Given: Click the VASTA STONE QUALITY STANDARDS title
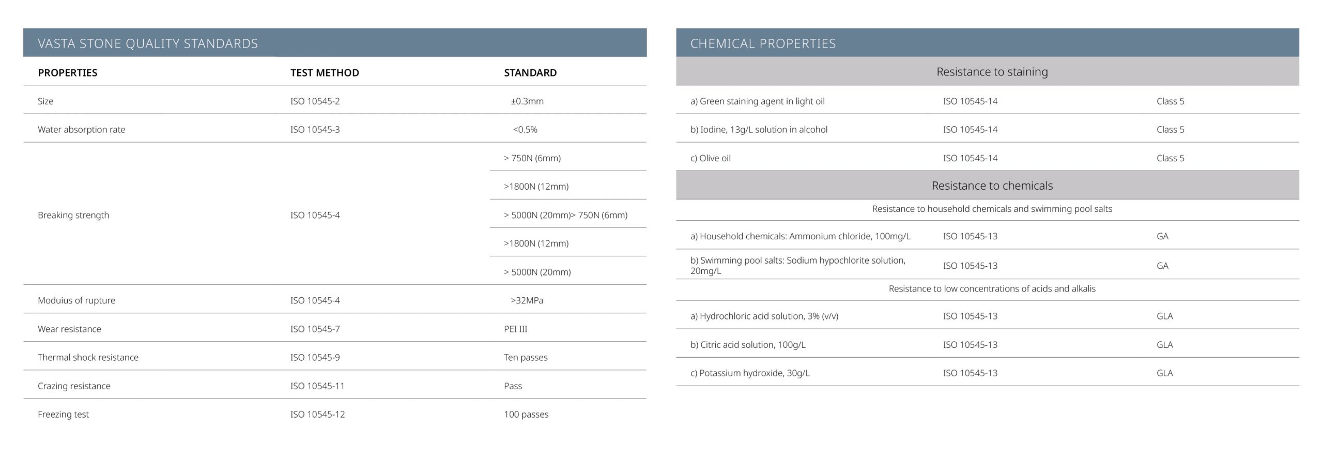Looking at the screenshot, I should (x=148, y=43).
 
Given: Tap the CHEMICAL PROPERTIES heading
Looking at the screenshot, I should (x=763, y=43).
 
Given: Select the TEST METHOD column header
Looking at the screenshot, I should (x=325, y=73).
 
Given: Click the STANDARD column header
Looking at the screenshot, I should (x=530, y=73).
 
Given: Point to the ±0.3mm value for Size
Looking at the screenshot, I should (x=527, y=101).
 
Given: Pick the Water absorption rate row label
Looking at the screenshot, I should (x=81, y=130).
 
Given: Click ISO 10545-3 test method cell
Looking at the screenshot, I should (x=315, y=130).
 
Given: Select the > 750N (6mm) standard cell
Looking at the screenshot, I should (x=532, y=158).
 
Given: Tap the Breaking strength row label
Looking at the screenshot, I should (x=73, y=215).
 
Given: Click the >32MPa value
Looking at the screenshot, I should (x=527, y=300).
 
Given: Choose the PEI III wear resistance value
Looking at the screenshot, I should (x=515, y=329).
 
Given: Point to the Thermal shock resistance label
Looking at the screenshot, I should (x=88, y=357).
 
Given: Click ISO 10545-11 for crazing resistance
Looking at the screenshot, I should (x=317, y=386).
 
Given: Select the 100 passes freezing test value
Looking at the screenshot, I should (x=526, y=414).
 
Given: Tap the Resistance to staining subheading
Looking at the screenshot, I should (x=992, y=72).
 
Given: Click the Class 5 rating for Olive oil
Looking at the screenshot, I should (x=1170, y=158).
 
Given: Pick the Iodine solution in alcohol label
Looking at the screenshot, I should (x=759, y=130).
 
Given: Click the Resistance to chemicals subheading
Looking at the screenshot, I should (x=992, y=186).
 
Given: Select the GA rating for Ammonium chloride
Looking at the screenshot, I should (x=1162, y=236).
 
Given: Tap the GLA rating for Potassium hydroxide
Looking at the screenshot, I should (x=1164, y=373).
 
